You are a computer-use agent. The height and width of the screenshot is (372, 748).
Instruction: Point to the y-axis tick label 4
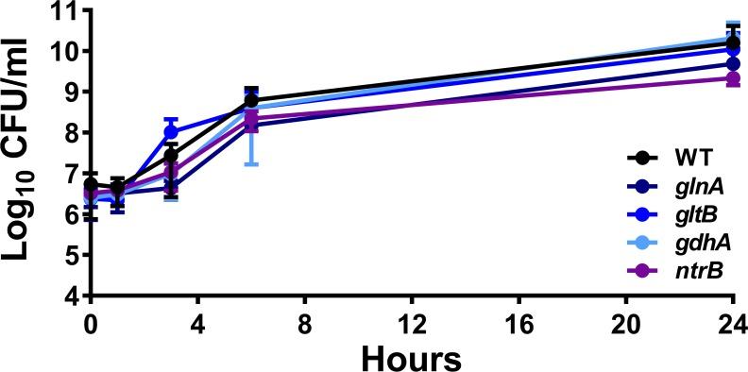pyautogui.click(x=69, y=296)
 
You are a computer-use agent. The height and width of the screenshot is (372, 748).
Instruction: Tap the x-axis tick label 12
pyautogui.click(x=412, y=321)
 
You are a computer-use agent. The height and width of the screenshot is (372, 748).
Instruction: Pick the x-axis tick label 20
pyautogui.click(x=626, y=321)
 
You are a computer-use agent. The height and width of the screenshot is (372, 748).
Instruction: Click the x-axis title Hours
pyautogui.click(x=413, y=356)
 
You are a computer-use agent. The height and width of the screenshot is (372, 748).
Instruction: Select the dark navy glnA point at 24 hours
pyautogui.click(x=733, y=63)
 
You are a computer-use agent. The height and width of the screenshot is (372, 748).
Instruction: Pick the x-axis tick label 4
pyautogui.click(x=197, y=321)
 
